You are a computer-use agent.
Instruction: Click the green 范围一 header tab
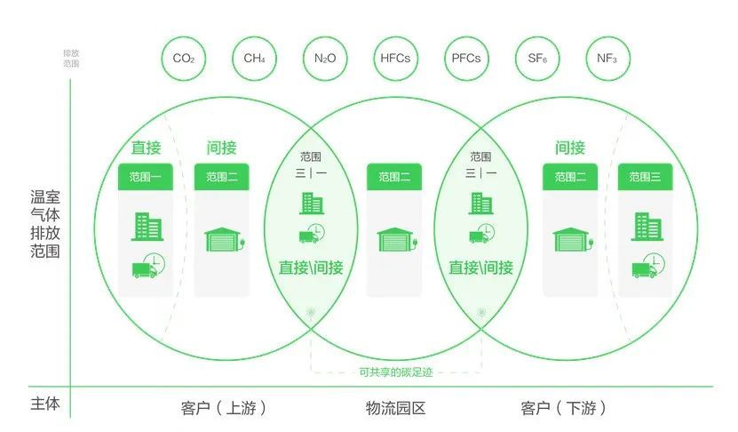pos(146,177)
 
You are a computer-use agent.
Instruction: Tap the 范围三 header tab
pos(646,177)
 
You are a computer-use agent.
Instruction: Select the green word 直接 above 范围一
pos(146,148)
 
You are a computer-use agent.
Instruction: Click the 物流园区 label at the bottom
pos(395,408)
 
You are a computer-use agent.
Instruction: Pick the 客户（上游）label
pos(224,408)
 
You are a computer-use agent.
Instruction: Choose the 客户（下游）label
pos(563,408)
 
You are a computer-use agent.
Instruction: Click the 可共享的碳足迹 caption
pos(395,372)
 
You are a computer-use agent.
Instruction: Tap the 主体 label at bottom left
pos(45,404)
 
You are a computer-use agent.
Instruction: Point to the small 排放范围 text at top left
pos(71,59)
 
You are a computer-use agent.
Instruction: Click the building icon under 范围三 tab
pos(647,227)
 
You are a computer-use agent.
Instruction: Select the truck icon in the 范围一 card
pos(148,266)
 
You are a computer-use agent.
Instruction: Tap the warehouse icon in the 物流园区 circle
pos(397,240)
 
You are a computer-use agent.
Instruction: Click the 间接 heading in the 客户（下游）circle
pos(570,148)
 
